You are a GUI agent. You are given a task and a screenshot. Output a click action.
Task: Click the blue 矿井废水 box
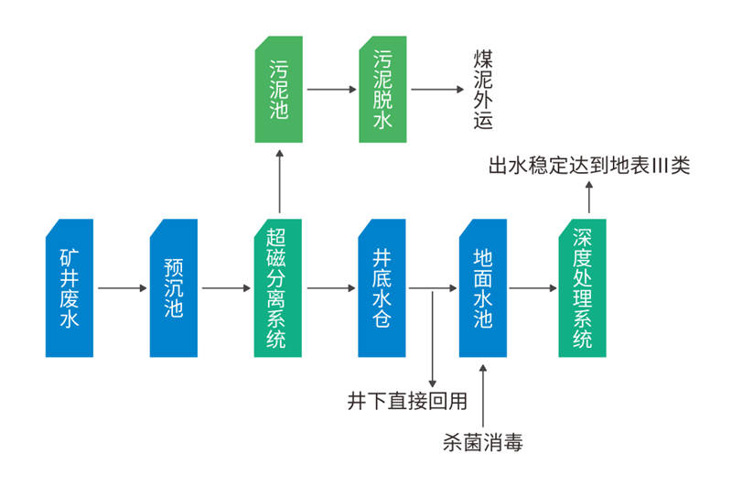pos(70,287)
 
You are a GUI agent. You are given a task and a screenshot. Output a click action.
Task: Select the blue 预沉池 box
pos(174,287)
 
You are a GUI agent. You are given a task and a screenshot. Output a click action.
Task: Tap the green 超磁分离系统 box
pos(277,287)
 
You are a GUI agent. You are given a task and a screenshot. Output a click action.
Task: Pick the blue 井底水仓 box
pos(382,287)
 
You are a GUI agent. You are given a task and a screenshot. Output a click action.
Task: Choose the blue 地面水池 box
pos(482,287)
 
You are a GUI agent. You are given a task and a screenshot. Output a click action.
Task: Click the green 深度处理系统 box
pos(583,287)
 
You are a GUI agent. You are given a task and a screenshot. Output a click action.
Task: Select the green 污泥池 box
pos(278,90)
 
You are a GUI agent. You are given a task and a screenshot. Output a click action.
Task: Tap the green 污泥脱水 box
pos(382,90)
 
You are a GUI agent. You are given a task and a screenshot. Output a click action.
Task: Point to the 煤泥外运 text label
pos(483,90)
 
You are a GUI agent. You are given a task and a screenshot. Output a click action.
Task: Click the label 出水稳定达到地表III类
pos(589,167)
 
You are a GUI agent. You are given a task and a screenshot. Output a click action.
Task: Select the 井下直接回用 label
pos(407,400)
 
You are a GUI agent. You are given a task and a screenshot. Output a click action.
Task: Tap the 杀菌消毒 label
pos(481,444)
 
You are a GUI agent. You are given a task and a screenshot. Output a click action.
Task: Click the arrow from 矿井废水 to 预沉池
pos(122,288)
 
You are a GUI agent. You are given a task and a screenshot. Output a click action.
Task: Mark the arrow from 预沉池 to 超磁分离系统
pos(226,288)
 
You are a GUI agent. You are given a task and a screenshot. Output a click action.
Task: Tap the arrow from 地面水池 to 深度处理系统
pos(533,288)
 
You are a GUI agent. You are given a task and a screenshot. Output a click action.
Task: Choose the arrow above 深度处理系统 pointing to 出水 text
pos(588,197)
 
